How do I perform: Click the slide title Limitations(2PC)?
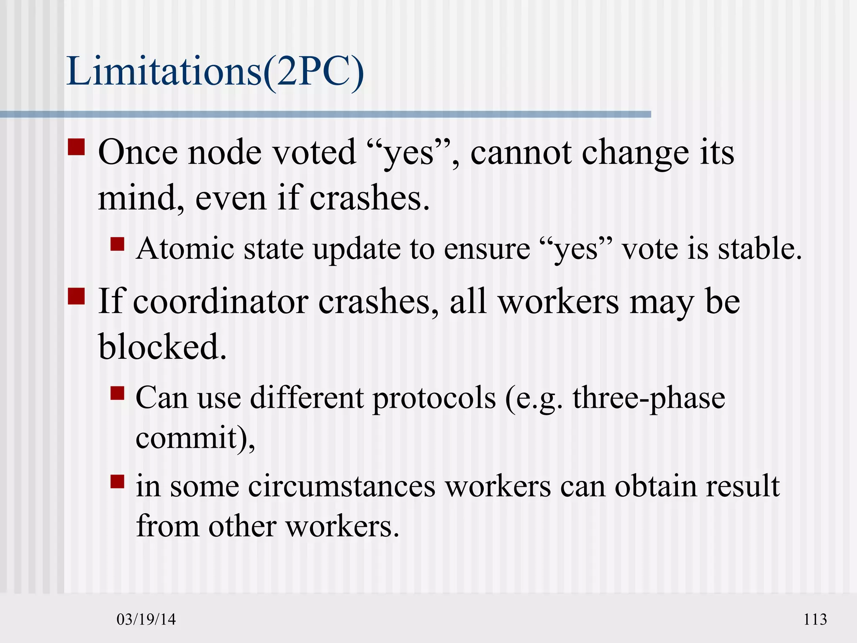(215, 72)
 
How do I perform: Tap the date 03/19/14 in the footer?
(146, 619)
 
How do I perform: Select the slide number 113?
(815, 619)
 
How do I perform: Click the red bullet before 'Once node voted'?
(77, 147)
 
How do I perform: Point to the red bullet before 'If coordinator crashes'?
(77, 296)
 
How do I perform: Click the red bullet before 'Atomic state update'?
(118, 244)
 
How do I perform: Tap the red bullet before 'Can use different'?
(118, 393)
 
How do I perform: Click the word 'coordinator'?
(221, 302)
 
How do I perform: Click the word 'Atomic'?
(185, 249)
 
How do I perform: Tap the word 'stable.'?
(760, 249)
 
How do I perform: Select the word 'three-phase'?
(649, 399)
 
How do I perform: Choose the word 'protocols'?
(434, 399)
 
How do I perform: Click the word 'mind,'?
(141, 198)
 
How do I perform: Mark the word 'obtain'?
(655, 486)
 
